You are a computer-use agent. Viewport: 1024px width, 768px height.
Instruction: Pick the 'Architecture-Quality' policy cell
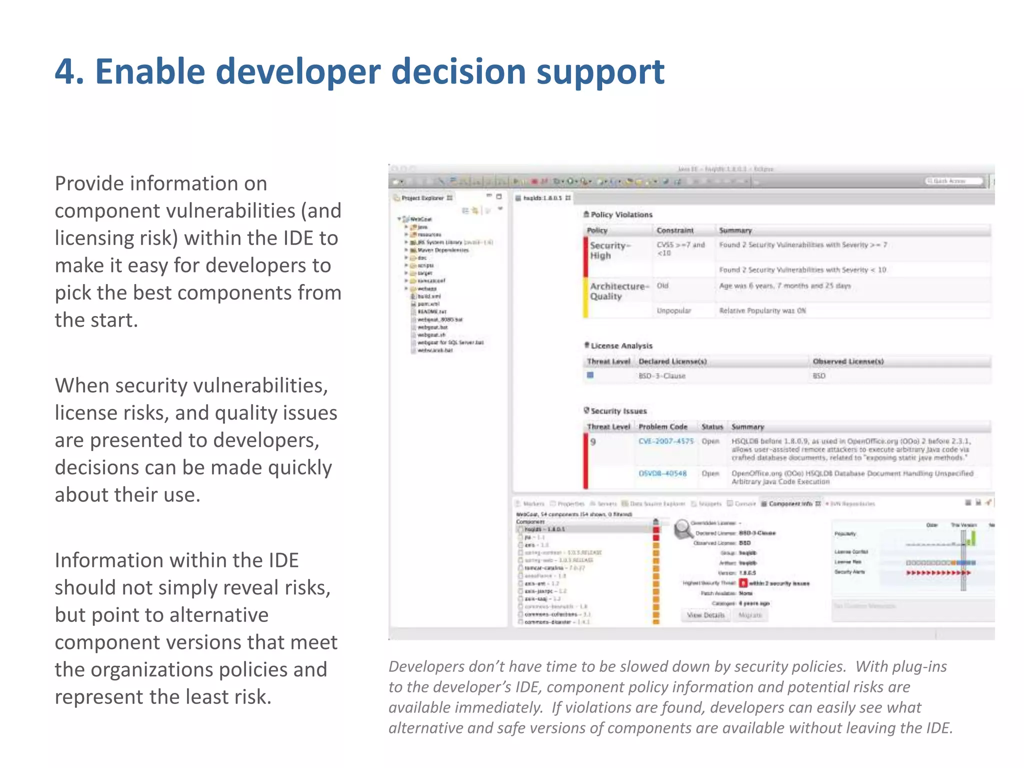[x=619, y=291]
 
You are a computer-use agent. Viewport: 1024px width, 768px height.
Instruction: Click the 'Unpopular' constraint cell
[x=673, y=310]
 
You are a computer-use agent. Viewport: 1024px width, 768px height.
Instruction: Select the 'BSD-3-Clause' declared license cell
[x=661, y=376]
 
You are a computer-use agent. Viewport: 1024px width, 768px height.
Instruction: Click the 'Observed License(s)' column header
[x=848, y=361]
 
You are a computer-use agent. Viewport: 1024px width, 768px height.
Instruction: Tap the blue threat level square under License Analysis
[x=590, y=375]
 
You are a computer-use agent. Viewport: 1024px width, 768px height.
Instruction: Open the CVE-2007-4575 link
[x=666, y=441]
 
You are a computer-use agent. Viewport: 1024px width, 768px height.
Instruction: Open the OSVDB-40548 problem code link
[x=662, y=473]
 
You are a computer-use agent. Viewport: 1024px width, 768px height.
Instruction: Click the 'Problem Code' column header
[x=662, y=426]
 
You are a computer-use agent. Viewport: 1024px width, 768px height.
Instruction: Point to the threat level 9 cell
[x=593, y=442]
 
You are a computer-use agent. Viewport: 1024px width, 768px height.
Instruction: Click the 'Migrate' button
[x=749, y=615]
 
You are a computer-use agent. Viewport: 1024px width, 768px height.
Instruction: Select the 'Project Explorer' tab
[x=422, y=198]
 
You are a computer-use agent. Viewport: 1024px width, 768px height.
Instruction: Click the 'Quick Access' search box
[x=954, y=181]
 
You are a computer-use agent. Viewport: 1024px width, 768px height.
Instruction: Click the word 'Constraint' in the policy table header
[x=675, y=230]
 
